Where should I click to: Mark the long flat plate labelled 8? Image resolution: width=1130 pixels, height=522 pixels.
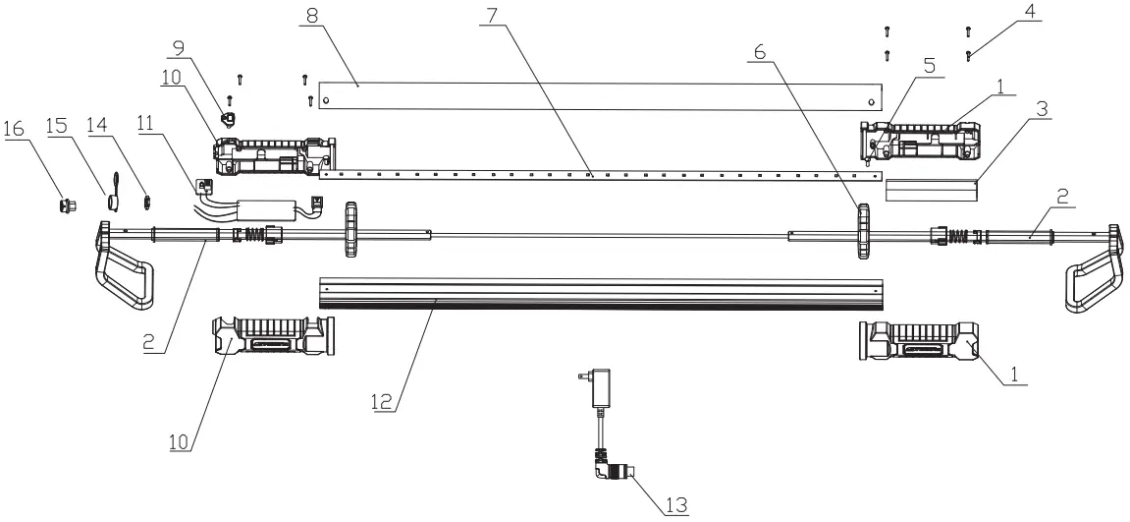[599, 95]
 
